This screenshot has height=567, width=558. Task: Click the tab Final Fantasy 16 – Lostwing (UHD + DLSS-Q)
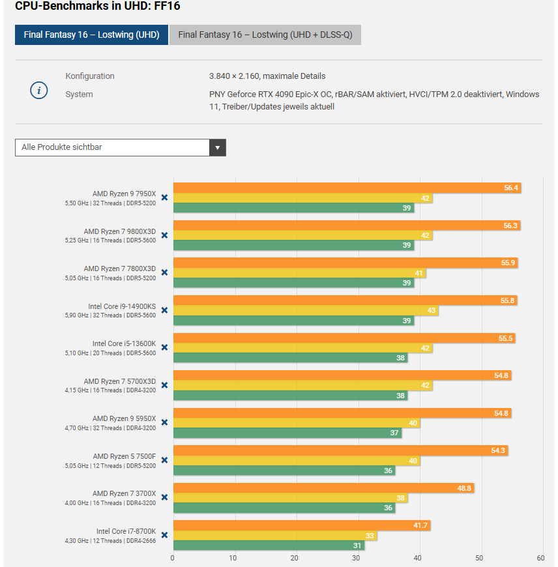(265, 35)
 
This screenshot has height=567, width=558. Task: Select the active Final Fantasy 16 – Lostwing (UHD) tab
(91, 35)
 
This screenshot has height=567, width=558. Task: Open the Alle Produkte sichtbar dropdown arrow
(218, 147)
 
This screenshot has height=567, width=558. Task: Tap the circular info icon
(39, 91)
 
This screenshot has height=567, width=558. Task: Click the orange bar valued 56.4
(347, 188)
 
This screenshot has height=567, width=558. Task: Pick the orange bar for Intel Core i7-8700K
(302, 525)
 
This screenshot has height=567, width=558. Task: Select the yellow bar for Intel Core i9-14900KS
(305, 311)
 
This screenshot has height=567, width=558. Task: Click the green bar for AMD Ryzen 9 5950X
(287, 433)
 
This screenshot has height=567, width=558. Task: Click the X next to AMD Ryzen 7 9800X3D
(164, 235)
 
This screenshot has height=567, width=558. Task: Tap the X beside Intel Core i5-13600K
(164, 347)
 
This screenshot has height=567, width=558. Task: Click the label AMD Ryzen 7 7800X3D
(120, 269)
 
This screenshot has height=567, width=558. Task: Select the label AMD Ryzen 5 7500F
(125, 456)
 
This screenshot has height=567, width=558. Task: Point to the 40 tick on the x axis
(418, 558)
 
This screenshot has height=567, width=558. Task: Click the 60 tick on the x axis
(540, 558)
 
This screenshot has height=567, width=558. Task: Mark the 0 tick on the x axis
(173, 558)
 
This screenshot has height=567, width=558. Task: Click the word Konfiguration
(90, 76)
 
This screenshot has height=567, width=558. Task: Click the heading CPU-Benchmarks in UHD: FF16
(97, 6)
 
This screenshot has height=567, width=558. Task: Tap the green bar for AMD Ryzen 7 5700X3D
(290, 396)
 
